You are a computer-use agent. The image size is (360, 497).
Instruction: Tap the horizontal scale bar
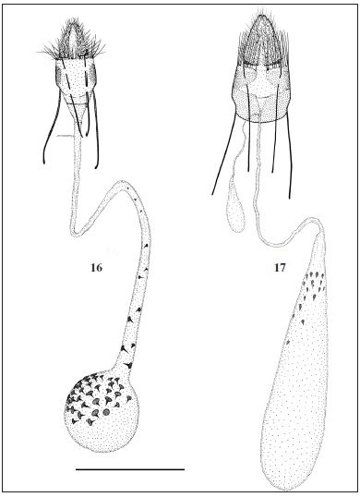(129, 469)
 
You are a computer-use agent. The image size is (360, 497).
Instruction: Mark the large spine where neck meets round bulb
(123, 348)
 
